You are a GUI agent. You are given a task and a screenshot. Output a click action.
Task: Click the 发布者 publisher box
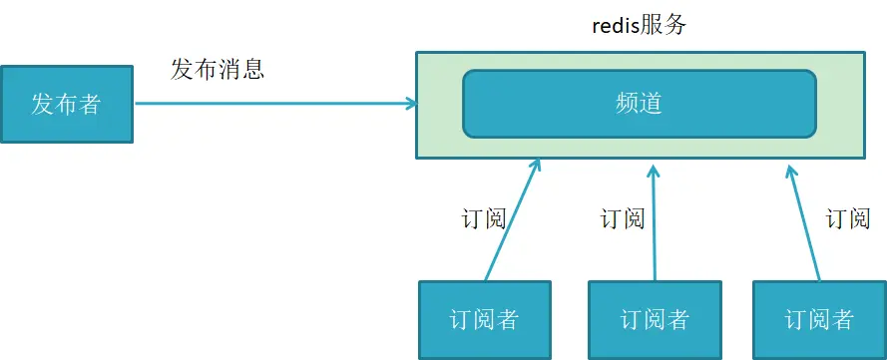coord(67,104)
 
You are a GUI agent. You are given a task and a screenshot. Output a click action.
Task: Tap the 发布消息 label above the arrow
coord(218,69)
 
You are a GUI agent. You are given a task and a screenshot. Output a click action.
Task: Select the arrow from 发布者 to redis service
coord(269,103)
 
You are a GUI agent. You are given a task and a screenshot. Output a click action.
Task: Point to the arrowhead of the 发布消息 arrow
coord(410,103)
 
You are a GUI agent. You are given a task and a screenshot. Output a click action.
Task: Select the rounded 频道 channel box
coord(640,103)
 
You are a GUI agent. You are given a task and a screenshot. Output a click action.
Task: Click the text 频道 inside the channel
coord(640,103)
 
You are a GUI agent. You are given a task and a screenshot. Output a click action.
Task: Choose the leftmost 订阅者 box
coord(485,319)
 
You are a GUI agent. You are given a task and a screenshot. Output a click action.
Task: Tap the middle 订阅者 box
coord(655,319)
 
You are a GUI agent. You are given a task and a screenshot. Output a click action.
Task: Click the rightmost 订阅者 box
coord(819,319)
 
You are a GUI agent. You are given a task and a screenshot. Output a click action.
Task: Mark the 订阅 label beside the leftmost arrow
coord(484,219)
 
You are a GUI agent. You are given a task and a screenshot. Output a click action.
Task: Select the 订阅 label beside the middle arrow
coord(622,219)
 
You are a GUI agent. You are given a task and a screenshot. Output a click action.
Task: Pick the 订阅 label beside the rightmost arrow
coord(849,219)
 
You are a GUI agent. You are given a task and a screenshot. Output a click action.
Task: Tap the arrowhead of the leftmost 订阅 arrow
coord(536,164)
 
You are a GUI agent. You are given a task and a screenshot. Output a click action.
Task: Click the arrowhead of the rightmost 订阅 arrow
coord(790,168)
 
